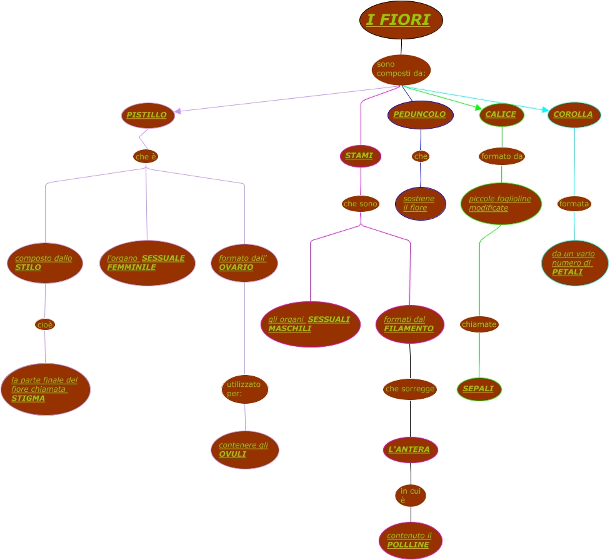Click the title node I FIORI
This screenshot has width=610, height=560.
pos(401,20)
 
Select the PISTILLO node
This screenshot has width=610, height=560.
pos(147,115)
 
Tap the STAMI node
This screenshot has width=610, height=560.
pos(360,156)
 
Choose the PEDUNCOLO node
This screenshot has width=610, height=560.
pos(420,115)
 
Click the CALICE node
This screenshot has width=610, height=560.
pos(501,115)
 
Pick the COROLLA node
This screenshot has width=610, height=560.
pos(574,115)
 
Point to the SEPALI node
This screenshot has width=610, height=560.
pos(479,389)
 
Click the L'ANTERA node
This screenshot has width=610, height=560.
pos(410,450)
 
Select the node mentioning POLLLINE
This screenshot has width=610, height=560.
pos(410,541)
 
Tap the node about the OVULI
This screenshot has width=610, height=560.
pos(244,449)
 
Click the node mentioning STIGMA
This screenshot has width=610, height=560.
pos(46,389)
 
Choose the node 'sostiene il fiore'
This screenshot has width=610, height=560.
pos(420,203)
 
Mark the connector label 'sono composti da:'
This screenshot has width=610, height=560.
pos(401,69)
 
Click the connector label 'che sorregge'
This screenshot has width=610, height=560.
pos(410,389)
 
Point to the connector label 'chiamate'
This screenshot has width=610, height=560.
pos(479,324)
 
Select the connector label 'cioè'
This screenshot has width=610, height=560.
pos(45,324)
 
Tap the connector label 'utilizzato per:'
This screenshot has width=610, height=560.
pos(244,389)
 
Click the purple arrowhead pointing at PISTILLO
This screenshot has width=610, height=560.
pos(177,111)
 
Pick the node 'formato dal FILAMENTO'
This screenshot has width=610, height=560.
pos(410,324)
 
